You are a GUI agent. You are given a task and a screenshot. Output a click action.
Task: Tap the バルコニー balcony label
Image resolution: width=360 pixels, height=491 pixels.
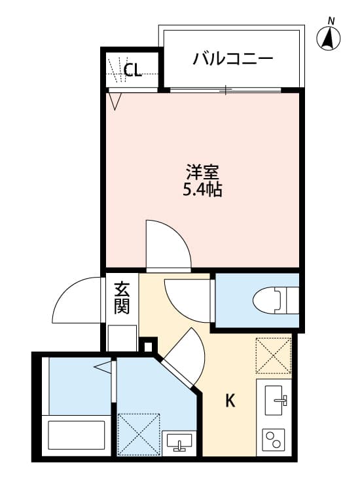tap(232, 60)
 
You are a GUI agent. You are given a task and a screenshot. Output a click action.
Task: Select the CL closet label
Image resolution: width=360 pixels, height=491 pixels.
tap(133, 69)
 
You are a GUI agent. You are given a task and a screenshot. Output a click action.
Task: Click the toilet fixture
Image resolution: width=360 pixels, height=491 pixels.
tap(276, 300)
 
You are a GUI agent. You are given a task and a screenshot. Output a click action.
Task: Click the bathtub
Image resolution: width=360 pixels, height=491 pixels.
tap(77, 436)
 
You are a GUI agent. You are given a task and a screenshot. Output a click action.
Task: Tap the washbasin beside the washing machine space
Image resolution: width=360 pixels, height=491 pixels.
tap(179, 443)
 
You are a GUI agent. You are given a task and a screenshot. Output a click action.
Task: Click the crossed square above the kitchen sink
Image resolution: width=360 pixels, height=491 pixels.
tap(274, 355)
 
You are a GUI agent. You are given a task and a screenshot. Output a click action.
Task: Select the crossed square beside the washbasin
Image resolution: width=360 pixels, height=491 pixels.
tap(139, 433)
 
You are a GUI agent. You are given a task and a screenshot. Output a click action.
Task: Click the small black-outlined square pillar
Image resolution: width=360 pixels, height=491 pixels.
tap(149, 345)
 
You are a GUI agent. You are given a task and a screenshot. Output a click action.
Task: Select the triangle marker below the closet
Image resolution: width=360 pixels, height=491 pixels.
tap(116, 101)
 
